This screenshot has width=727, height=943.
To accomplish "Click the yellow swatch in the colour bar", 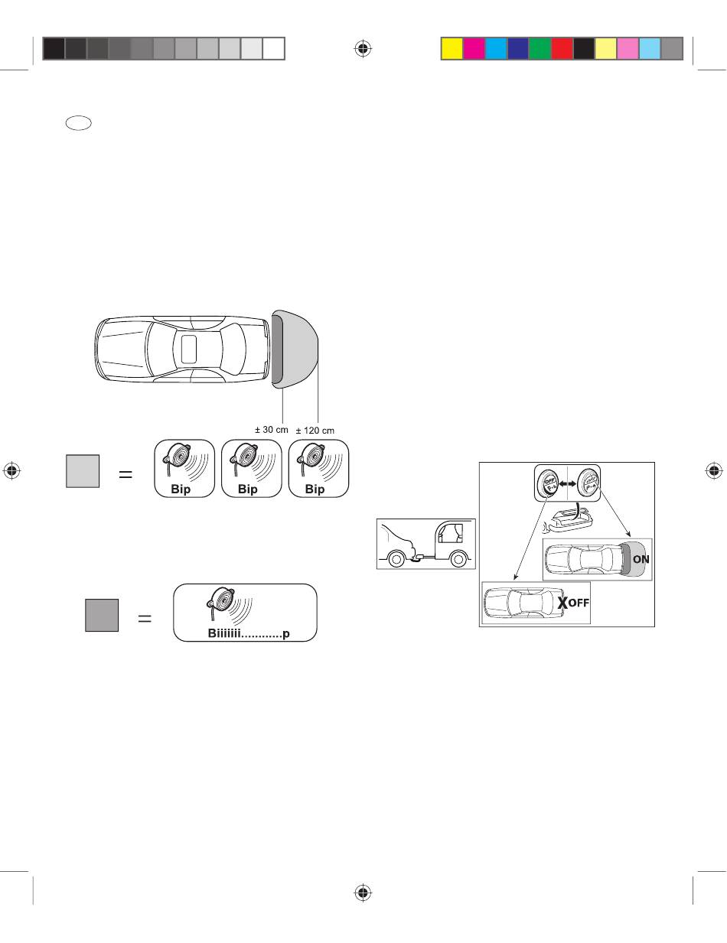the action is click(452, 48).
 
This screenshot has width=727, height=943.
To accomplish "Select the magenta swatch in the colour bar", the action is click(474, 48).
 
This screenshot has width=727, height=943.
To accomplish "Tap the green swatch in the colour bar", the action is click(540, 48).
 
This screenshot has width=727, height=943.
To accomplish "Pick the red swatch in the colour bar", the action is click(562, 48).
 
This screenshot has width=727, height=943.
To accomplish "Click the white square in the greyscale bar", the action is click(273, 48).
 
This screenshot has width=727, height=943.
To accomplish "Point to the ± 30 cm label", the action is click(271, 430).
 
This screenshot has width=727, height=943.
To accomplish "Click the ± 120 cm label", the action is click(315, 431).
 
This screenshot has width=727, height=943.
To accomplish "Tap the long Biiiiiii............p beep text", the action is click(249, 633).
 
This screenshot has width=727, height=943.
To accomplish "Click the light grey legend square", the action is click(83, 471).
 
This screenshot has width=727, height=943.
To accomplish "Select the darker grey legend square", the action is click(102, 615).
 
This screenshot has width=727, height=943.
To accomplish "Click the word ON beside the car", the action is click(641, 559).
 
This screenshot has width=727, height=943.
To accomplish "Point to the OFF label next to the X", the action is click(579, 603).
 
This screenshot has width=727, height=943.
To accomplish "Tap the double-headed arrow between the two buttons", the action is click(567, 483).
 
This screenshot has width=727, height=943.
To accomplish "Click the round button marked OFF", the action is click(548, 483).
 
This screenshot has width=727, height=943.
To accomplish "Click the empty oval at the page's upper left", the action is click(79, 123).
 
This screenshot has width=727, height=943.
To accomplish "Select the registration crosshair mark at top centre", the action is click(363, 49).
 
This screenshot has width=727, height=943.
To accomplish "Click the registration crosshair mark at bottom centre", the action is click(363, 893).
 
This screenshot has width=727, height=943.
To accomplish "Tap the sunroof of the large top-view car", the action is click(189, 350).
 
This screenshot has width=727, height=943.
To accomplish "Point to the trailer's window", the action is click(451, 533).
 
